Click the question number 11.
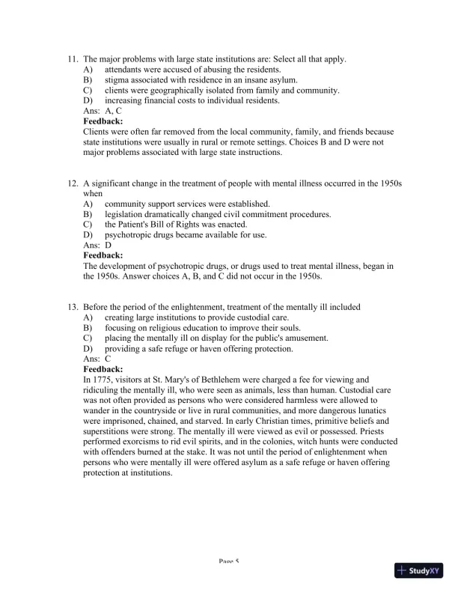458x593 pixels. tap(73, 58)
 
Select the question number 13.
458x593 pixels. tap(73, 306)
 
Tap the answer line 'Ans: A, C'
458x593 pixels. tap(103, 111)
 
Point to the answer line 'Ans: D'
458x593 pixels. tap(97, 245)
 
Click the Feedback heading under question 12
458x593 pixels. tap(103, 255)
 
